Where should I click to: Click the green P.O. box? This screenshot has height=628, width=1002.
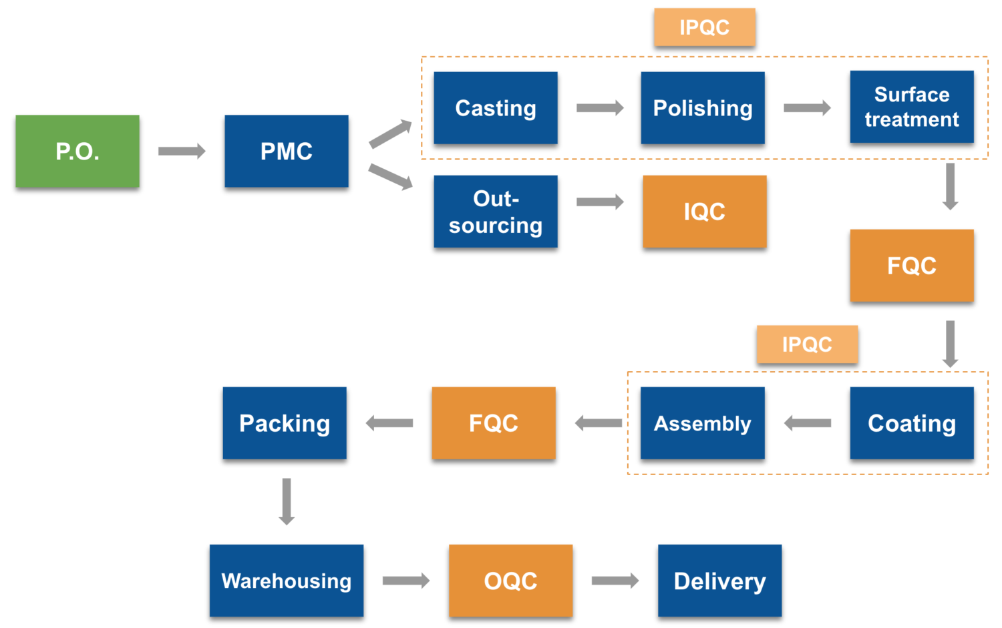click(77, 151)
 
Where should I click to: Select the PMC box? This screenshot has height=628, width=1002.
click(287, 151)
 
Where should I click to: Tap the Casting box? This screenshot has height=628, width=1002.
click(496, 108)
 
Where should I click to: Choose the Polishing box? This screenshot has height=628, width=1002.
click(703, 108)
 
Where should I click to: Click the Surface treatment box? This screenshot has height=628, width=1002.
click(912, 107)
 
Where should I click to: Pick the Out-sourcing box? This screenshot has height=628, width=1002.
click(496, 212)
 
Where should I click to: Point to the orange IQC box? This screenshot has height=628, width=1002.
click(705, 212)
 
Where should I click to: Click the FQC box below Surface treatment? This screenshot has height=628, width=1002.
click(912, 266)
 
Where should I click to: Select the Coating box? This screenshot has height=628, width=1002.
click(912, 423)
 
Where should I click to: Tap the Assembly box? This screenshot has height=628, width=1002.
click(703, 423)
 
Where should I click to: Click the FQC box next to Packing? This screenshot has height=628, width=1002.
click(494, 423)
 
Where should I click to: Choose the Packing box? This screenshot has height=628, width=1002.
click(285, 423)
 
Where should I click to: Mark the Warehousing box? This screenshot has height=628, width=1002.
click(287, 581)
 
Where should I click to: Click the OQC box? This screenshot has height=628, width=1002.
click(511, 581)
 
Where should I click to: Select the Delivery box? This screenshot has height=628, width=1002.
click(720, 581)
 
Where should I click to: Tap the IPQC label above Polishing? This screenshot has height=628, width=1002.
click(705, 27)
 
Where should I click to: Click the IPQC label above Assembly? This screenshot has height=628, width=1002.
click(807, 344)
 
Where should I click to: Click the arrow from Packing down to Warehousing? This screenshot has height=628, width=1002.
click(287, 501)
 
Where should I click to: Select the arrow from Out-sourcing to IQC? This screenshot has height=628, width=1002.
click(600, 202)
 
